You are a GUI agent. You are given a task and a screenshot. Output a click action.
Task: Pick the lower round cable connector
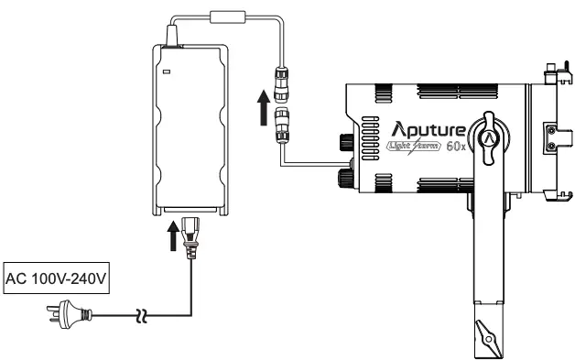pyautogui.click(x=279, y=119)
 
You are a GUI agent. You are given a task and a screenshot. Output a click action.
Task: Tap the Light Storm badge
pyautogui.click(x=413, y=147)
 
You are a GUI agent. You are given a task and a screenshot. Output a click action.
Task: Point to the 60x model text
pyautogui.click(x=456, y=148)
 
